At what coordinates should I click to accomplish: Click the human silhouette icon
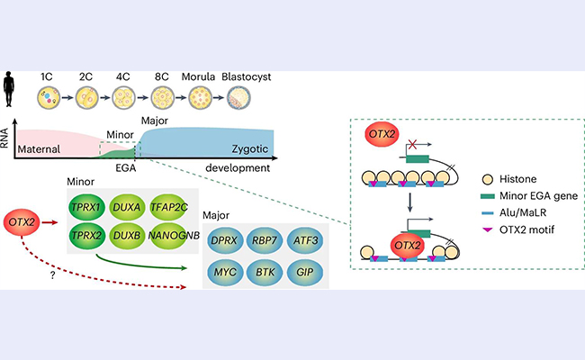(16, 88)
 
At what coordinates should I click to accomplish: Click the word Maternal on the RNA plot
(46, 150)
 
